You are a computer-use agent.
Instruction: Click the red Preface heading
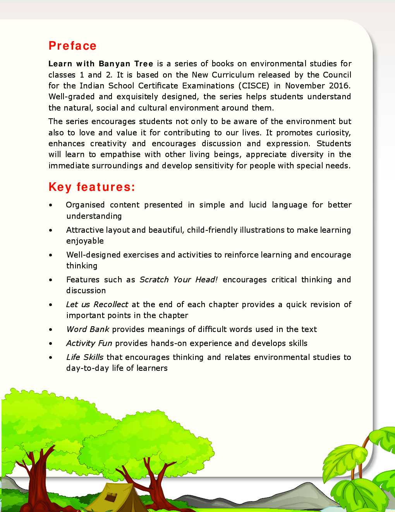(x=72, y=46)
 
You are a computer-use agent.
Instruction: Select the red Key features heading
(x=92, y=187)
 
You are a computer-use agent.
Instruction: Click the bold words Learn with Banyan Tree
(x=101, y=64)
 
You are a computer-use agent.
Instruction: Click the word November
(x=305, y=86)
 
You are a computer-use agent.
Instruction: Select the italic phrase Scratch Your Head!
(x=179, y=280)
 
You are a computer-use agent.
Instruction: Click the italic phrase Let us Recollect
(x=97, y=304)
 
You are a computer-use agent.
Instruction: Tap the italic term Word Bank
(x=88, y=329)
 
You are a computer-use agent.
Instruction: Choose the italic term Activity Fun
(x=89, y=343)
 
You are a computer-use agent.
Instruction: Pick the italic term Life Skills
(x=85, y=357)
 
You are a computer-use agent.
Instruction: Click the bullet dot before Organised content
(x=51, y=205)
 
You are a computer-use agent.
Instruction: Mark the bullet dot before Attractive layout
(x=51, y=230)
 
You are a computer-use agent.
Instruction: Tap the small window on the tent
(x=112, y=496)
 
